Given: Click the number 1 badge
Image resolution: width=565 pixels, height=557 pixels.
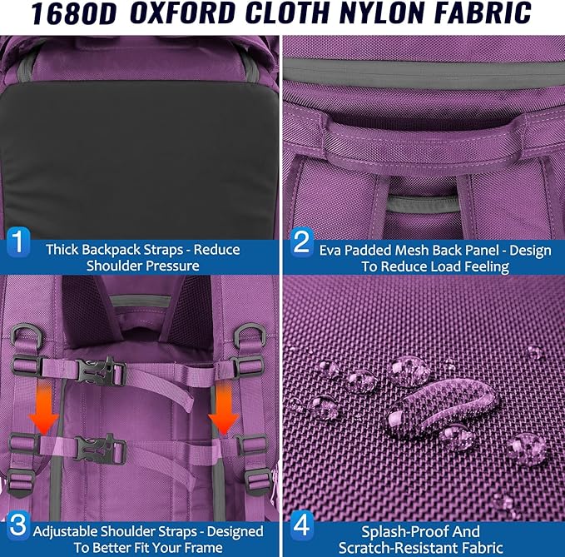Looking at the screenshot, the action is coord(17,241).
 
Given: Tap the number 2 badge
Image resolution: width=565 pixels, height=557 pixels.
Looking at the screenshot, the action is coord(301,241).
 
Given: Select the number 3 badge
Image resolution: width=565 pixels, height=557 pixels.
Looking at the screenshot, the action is coord(17,525).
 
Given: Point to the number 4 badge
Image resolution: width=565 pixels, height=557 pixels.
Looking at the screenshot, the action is coord(301,525).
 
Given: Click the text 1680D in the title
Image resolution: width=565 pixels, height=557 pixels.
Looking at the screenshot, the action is coord(74,13).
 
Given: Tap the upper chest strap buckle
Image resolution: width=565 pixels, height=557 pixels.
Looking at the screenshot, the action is coord(101,371).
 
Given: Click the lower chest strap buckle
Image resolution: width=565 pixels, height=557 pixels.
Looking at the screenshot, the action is coord(101,450).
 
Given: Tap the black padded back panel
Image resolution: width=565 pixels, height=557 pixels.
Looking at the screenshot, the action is coord(141,159).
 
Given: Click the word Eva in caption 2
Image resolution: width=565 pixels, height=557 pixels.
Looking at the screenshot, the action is coord(330,251).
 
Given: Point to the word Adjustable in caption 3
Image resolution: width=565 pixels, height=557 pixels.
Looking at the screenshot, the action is coord(65,532).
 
